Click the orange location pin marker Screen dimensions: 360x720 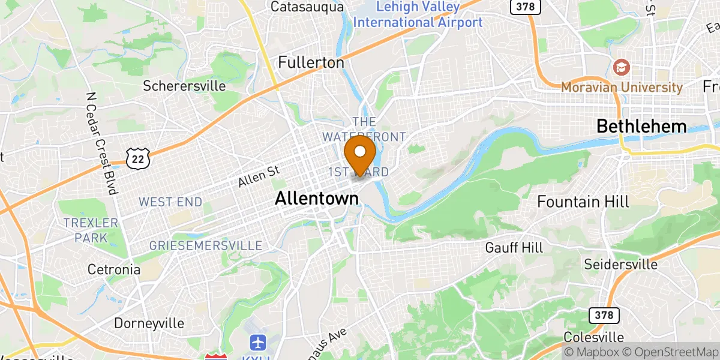361,155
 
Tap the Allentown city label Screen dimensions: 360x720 317,199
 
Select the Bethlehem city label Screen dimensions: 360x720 641,127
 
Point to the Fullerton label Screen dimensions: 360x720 311,62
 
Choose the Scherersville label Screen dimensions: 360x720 184,86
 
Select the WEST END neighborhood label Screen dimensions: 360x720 170,202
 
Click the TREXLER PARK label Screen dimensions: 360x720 91,230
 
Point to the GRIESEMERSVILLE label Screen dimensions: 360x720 206,246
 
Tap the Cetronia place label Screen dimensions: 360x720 114,269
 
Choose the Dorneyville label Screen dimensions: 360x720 149,323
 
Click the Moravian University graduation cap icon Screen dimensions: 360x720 622,66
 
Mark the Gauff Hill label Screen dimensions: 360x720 514,247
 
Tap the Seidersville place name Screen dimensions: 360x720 621,264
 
